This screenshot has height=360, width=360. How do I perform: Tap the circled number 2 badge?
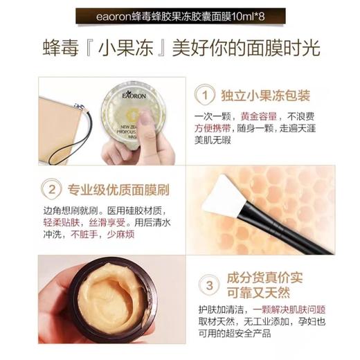click(x=51, y=188)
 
